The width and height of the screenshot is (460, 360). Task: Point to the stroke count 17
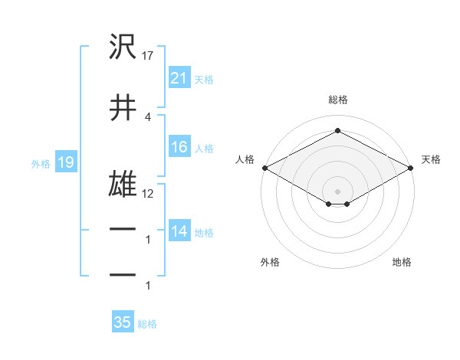148,56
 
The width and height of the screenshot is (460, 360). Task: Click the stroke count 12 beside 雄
148,194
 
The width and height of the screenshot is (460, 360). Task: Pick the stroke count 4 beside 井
147,116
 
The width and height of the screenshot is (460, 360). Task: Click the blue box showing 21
179,78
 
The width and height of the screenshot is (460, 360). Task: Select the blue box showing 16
179,148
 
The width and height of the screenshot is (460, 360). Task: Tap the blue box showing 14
179,232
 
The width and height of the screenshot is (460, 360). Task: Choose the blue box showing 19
65,162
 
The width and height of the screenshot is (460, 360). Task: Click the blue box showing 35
123,322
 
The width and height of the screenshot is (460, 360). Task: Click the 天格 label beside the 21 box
204,79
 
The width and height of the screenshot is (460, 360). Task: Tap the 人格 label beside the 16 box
204,149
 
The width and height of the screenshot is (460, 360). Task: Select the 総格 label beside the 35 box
147,323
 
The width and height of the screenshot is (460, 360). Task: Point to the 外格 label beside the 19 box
41,163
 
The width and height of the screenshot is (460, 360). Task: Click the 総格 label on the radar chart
337,100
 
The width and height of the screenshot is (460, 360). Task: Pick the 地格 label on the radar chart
402,263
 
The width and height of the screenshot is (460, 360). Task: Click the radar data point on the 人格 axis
264,168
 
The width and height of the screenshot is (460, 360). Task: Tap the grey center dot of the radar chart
337,190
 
